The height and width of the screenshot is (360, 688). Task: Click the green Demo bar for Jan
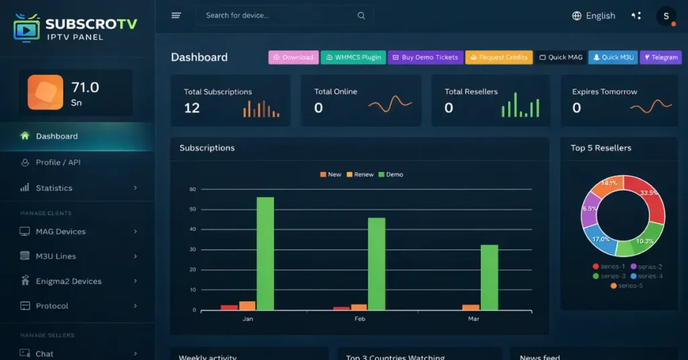coord(265,253)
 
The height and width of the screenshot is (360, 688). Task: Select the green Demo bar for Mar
coord(490,277)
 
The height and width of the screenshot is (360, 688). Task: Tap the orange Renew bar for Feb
coord(359,307)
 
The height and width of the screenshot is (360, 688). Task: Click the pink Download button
coord(294,58)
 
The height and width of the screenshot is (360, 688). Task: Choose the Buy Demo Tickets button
coord(425,58)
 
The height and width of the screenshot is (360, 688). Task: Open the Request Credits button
coord(499,58)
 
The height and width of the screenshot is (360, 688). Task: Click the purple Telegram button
coord(660,58)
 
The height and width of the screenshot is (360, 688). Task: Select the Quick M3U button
coord(613,58)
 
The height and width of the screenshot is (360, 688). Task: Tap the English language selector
coord(593,15)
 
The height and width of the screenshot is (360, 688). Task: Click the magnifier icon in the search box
coord(361,15)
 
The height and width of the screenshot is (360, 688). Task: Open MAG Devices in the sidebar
coord(60,232)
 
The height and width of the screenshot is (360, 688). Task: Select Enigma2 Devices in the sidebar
coord(69,281)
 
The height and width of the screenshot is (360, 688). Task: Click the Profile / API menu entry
coord(58,163)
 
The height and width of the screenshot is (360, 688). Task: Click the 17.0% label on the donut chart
coord(601,239)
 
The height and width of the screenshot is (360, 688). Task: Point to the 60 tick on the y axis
coord(192,189)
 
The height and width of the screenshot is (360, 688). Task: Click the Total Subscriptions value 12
coord(191,108)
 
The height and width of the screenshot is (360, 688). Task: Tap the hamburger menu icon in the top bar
coord(176,15)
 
